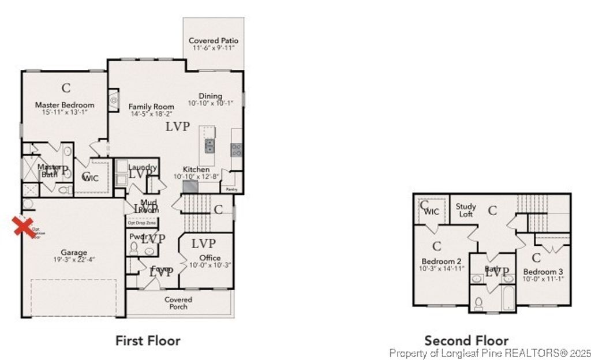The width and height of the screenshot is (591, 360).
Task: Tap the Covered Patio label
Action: pos(214,41)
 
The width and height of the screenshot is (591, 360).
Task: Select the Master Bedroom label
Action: pos(65,105)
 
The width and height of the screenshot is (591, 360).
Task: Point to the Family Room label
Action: pos(151,107)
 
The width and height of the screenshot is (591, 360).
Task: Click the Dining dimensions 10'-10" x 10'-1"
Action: pos(211,104)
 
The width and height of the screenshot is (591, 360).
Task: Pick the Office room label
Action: pos(210,257)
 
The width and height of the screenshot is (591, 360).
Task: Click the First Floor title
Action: pos(148,340)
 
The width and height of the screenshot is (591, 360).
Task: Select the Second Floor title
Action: pos(466,340)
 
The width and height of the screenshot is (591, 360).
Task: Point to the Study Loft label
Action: pos(466,210)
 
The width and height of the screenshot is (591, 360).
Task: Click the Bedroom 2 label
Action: pos(441,260)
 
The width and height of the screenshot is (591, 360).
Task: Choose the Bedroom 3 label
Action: pos(543,272)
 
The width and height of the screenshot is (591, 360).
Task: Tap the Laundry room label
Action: pos(143,167)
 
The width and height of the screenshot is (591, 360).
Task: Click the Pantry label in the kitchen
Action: pos(231,189)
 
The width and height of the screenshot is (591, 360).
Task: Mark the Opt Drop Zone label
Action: pos(141,222)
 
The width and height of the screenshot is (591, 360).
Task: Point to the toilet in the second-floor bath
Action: pos(478,302)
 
